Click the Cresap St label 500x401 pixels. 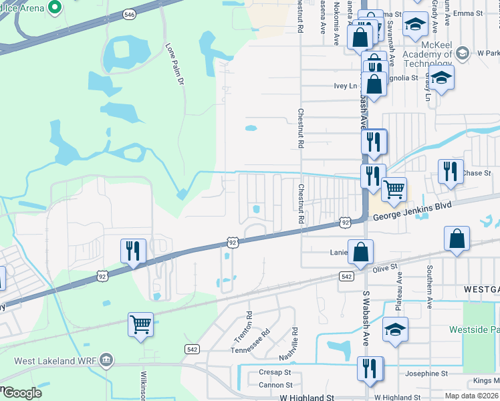click(275, 372)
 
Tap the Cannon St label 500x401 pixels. click(275, 384)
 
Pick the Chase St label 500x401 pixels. click(477, 173)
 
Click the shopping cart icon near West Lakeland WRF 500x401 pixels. click(141, 325)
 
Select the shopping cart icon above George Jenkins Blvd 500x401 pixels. click(394, 189)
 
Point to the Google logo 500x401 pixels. click(21, 393)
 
